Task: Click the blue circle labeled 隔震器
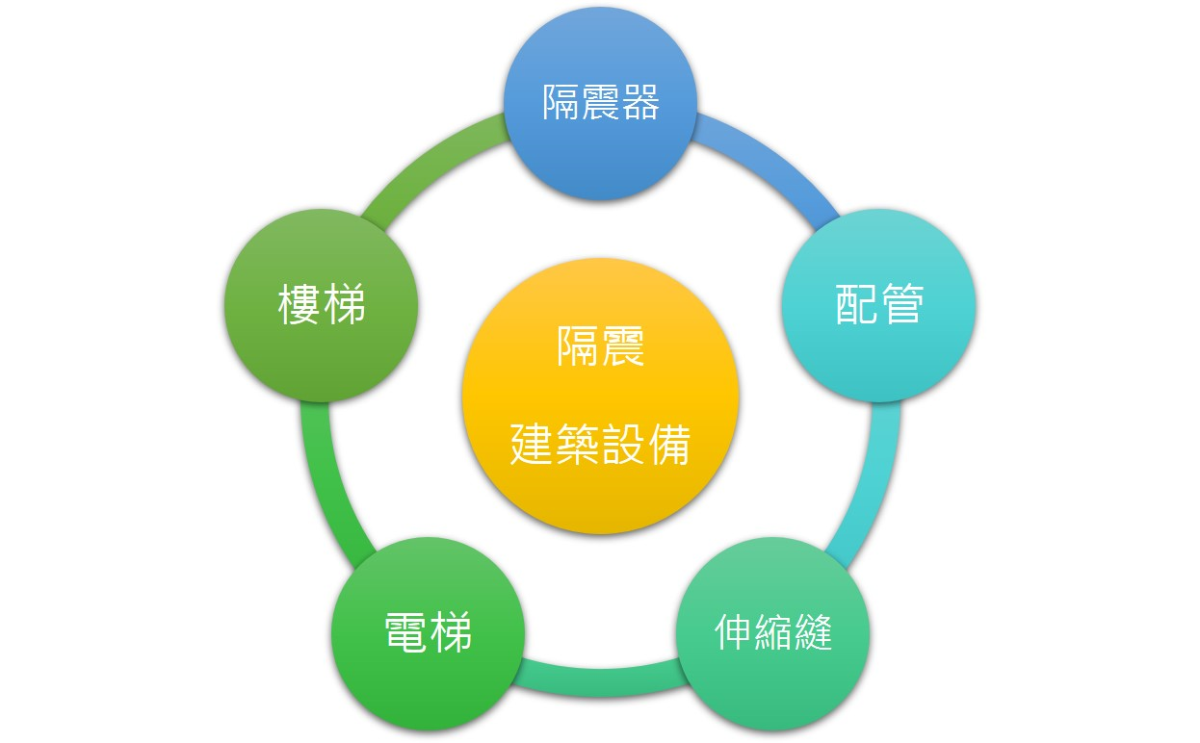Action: tap(600, 103)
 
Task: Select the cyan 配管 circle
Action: tap(878, 305)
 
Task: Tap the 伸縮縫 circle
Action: tap(772, 633)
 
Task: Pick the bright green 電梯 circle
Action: tap(428, 633)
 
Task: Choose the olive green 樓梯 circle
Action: tap(322, 305)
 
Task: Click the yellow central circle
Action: tap(600, 397)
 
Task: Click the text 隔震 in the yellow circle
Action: tap(600, 346)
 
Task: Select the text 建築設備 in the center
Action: tap(600, 445)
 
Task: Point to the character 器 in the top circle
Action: tap(640, 102)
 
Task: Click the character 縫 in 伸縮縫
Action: tap(813, 632)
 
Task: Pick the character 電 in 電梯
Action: tap(405, 632)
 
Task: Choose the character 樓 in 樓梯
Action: tap(299, 304)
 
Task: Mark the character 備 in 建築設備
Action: tap(669, 445)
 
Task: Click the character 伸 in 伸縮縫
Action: tap(733, 632)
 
